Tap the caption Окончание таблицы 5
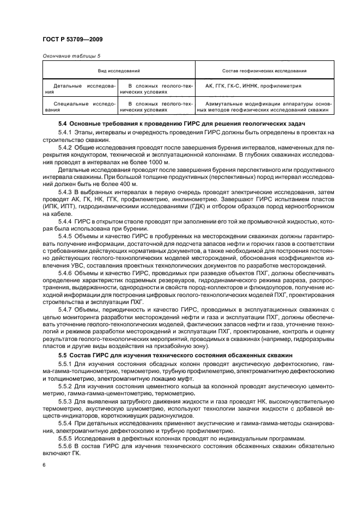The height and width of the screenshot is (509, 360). tap(72, 55)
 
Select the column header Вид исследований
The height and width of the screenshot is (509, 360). tap(119, 71)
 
